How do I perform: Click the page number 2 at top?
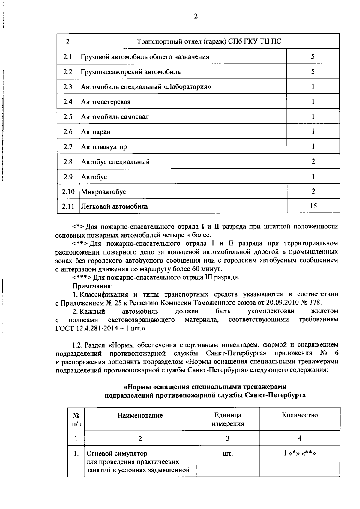(196, 17)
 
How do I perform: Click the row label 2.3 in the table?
(68, 87)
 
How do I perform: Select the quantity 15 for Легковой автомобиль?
(313, 206)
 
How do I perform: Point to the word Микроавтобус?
(104, 191)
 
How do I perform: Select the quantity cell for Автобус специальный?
(313, 161)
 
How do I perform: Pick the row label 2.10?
(68, 191)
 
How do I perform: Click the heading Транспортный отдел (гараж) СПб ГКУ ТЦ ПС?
(209, 41)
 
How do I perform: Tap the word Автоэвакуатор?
(104, 147)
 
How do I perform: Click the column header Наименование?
(140, 415)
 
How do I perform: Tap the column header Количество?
(300, 415)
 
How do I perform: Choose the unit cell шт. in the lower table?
(228, 453)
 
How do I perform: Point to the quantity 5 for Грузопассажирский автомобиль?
(313, 72)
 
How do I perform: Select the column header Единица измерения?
(228, 419)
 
